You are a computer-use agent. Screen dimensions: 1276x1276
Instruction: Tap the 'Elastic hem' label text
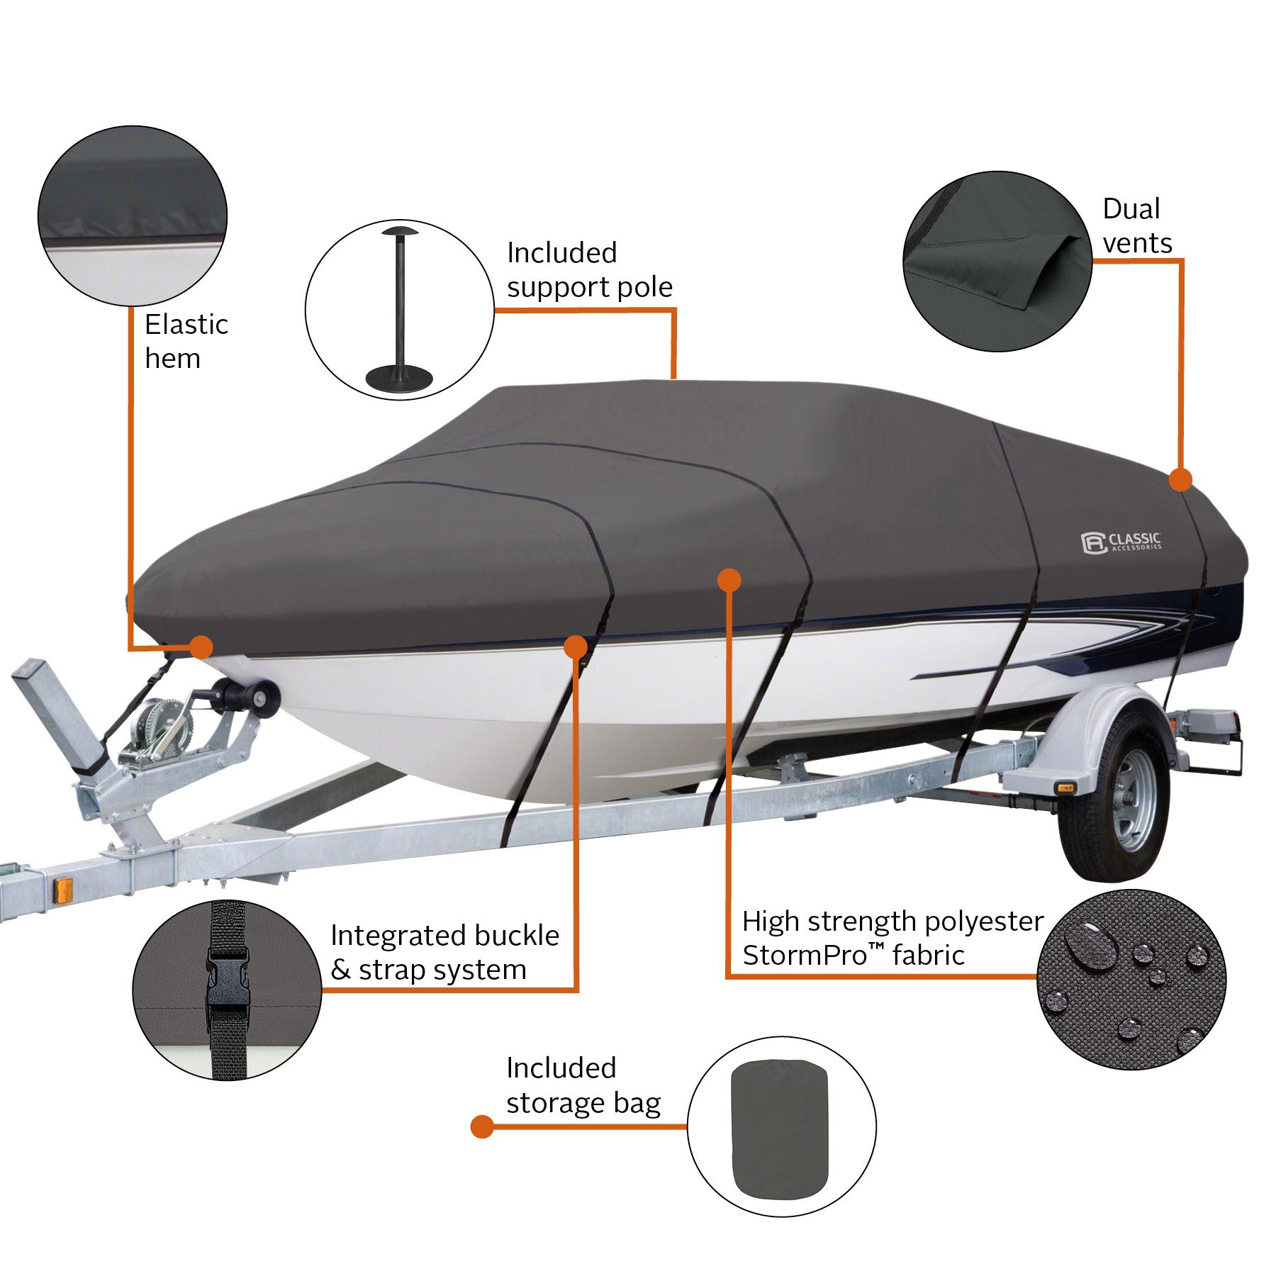click(x=186, y=342)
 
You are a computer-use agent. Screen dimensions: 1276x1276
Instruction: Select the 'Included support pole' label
click(x=589, y=270)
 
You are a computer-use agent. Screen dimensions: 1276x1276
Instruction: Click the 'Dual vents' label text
click(x=1137, y=225)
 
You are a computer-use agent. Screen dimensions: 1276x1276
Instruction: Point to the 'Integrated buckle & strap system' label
click(x=444, y=952)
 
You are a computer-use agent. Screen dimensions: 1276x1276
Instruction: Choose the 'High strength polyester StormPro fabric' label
click(x=892, y=937)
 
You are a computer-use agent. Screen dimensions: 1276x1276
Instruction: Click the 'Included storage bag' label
click(x=583, y=1085)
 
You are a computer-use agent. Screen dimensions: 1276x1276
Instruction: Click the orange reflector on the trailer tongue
click(x=63, y=890)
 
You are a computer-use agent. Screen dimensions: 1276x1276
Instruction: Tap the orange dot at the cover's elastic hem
click(x=201, y=647)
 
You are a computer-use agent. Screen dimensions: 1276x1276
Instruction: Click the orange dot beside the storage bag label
click(x=482, y=1126)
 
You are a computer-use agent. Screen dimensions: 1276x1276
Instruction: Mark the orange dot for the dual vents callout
click(x=1180, y=479)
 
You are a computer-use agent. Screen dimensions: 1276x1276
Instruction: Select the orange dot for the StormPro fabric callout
click(x=729, y=581)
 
